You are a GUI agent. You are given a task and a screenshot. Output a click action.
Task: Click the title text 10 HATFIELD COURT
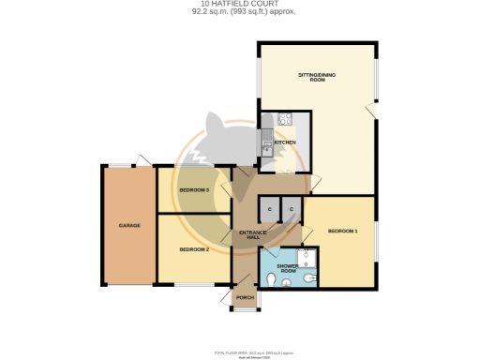240,4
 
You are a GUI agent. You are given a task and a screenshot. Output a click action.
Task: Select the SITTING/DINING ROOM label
317,77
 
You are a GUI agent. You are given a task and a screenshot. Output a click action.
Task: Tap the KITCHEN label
285,142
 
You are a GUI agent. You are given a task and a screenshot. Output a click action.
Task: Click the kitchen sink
267,143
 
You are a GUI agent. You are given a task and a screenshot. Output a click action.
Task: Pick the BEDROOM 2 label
193,249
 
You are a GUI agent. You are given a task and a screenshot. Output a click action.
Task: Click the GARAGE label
129,225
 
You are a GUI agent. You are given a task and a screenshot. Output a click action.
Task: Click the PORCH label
246,298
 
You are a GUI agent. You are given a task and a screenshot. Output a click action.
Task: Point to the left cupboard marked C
269,208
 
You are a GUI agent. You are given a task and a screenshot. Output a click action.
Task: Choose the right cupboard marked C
292,208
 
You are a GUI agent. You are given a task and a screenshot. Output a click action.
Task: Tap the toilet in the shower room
272,278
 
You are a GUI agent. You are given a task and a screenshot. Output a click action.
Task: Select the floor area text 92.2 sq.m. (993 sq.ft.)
240,13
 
